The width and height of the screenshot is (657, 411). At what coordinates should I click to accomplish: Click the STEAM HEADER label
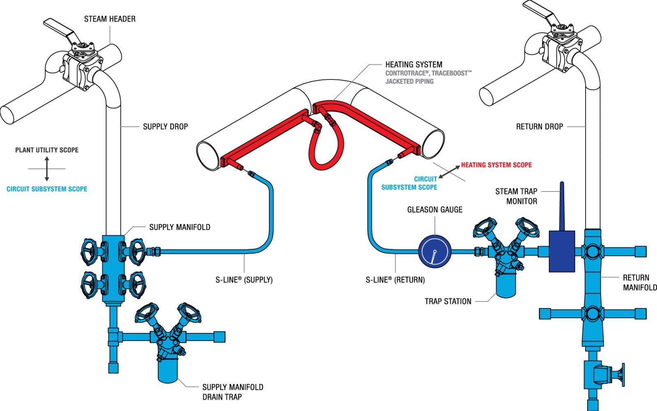tap(110, 19)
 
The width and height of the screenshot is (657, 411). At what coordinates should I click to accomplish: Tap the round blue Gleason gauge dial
tap(435, 252)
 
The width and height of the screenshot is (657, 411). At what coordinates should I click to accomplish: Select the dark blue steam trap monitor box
tap(562, 251)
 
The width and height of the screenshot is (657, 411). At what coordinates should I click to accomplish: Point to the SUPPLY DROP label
tap(165, 127)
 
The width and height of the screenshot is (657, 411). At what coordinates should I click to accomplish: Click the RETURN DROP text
tap(539, 127)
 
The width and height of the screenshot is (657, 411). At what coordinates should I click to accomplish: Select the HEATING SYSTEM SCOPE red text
tap(496, 165)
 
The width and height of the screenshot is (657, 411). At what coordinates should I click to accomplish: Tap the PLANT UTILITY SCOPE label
tap(47, 150)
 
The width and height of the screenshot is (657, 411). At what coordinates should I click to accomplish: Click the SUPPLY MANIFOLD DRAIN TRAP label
tap(232, 392)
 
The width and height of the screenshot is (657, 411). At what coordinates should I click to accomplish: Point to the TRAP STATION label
tap(448, 301)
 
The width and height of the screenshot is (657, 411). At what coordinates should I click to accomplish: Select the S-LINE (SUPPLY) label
tap(244, 280)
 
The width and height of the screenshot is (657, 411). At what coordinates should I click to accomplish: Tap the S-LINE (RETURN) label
tap(395, 280)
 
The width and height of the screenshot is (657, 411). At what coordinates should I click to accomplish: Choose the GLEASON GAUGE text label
tap(434, 210)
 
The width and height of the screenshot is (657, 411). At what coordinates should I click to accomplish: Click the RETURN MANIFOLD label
tap(639, 282)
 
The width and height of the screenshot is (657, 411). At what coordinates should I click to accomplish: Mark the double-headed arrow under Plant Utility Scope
tap(47, 169)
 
